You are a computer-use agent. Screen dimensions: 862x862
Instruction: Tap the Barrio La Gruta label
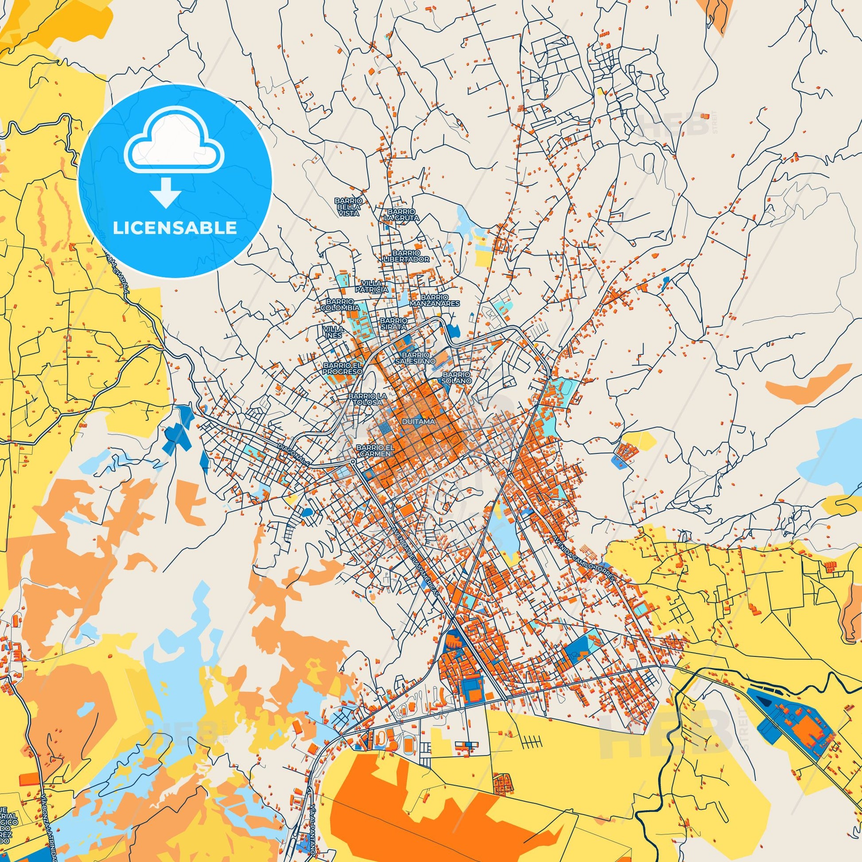(402, 214)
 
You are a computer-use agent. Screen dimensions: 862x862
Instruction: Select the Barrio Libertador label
(407, 256)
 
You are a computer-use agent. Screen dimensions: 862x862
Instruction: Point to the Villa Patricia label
(375, 287)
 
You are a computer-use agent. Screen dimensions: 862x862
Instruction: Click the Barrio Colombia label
(340, 305)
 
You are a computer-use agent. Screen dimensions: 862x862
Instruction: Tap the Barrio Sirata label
(393, 323)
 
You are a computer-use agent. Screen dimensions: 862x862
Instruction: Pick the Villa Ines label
(332, 331)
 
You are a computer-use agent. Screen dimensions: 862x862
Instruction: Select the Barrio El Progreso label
(342, 368)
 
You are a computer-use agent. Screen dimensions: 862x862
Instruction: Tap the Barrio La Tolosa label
(365, 399)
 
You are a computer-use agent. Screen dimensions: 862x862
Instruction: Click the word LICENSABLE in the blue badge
(175, 228)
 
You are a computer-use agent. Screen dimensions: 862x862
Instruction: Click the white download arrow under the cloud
(166, 193)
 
